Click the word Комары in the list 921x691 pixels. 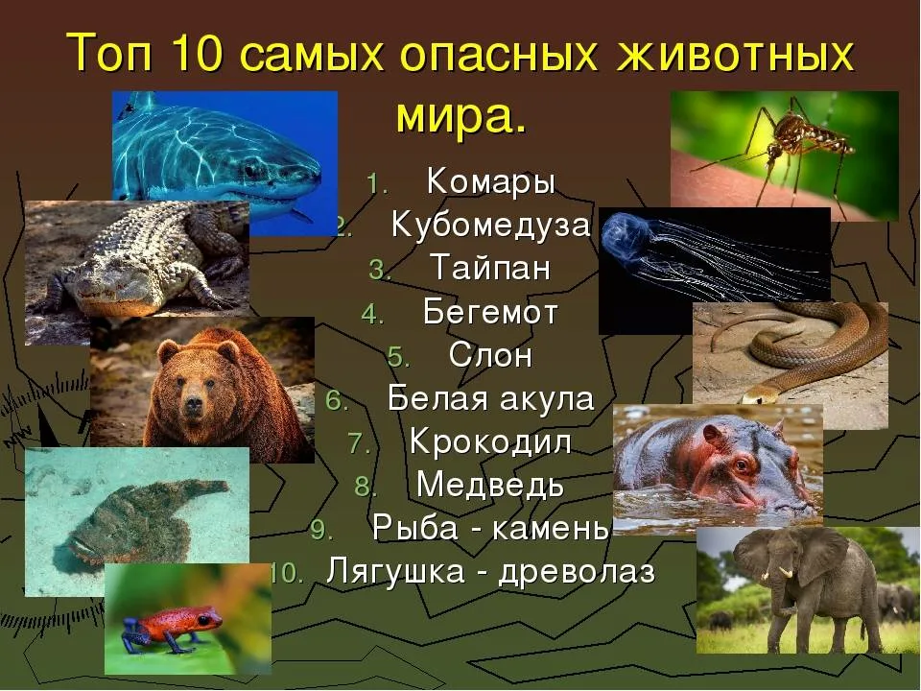pyautogui.click(x=491, y=182)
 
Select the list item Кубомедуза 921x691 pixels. pyautogui.click(x=490, y=224)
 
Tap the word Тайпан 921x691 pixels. pyautogui.click(x=490, y=268)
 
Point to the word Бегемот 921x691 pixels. pyautogui.click(x=490, y=311)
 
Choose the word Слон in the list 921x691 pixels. pyautogui.click(x=490, y=355)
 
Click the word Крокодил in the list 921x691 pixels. pyautogui.click(x=490, y=441)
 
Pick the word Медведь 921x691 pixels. pyautogui.click(x=490, y=486)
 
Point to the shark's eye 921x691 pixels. pyautogui.click(x=250, y=171)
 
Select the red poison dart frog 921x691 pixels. pyautogui.click(x=174, y=627)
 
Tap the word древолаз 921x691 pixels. pyautogui.click(x=577, y=572)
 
